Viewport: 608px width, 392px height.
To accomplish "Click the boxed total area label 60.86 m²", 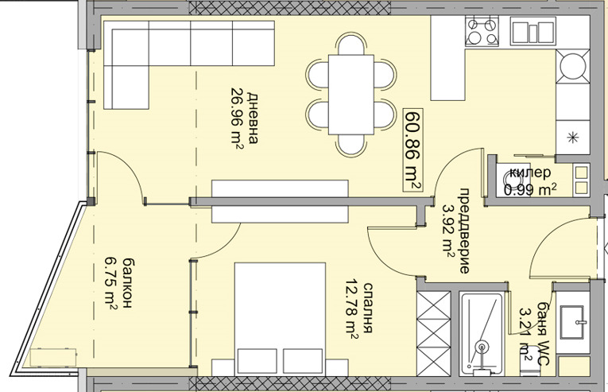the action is [413, 149].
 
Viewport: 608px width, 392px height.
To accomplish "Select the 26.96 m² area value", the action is [237, 119].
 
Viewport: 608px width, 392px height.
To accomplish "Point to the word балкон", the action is [127, 282].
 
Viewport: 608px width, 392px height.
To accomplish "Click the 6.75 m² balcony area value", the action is [111, 282].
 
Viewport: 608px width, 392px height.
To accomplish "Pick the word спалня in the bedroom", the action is [368, 308].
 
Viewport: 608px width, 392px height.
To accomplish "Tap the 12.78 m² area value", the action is [352, 309].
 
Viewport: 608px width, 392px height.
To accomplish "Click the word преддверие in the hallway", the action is [464, 231].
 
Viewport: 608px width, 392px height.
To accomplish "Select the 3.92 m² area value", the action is [449, 231].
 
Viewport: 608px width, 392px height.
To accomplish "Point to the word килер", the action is [529, 173].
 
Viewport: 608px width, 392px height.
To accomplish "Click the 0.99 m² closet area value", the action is [530, 189].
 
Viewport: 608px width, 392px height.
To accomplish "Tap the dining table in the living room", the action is [351, 95].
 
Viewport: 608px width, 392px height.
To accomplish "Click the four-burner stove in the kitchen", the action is [482, 30].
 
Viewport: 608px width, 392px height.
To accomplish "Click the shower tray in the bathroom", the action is [481, 333].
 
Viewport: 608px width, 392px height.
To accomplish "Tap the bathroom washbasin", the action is [573, 322].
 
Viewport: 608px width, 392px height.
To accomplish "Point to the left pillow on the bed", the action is [258, 361].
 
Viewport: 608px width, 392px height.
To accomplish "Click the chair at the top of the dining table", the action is [351, 44].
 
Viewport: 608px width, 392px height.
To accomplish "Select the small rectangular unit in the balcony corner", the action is [53, 358].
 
